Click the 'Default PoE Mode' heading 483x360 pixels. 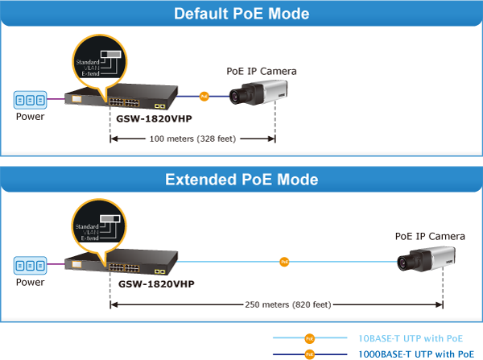pos(242,14)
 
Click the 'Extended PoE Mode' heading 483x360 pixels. pos(242,179)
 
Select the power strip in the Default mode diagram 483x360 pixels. pos(30,100)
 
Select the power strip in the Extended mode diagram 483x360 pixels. pos(30,265)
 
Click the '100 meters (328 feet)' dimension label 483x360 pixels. pos(192,139)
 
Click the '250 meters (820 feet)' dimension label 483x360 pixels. pos(278,304)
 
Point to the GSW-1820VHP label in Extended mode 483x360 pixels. pos(155,283)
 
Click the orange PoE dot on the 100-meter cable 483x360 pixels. pos(204,97)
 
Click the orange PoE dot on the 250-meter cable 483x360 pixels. pos(283,262)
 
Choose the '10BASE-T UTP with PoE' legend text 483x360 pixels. pos(411,338)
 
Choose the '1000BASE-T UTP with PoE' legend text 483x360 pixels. pos(414,354)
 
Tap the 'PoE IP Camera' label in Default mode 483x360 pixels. pos(262,71)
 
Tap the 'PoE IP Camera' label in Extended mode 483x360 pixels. pos(429,236)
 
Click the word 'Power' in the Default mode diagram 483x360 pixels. pos(30,117)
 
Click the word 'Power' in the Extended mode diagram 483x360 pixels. pos(30,282)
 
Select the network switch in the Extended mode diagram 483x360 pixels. pos(121,263)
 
